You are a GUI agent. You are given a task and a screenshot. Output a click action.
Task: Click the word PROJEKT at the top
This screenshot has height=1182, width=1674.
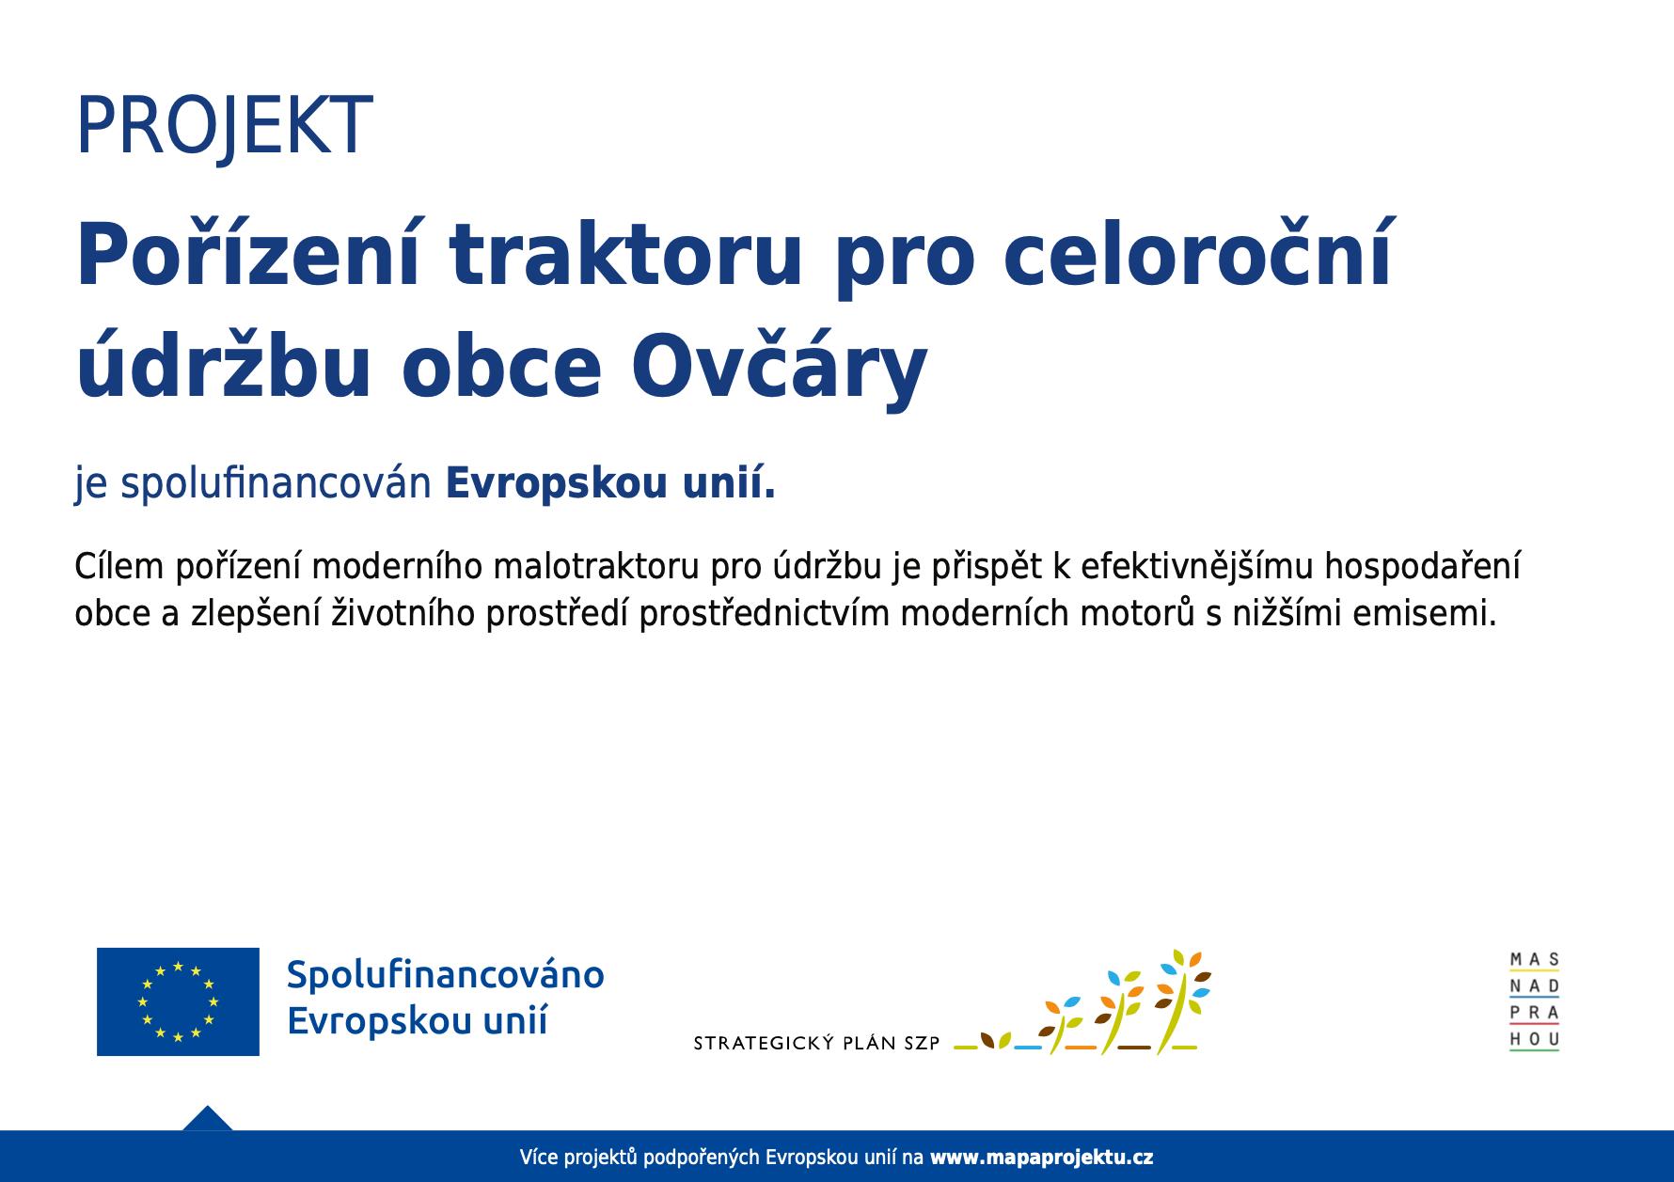point(224,126)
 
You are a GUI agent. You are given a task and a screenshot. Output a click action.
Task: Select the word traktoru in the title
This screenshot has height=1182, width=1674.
point(626,255)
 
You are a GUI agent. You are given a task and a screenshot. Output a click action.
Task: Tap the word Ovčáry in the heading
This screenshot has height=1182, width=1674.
point(780,365)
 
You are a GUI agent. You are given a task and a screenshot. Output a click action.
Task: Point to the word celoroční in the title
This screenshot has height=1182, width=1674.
point(1199,252)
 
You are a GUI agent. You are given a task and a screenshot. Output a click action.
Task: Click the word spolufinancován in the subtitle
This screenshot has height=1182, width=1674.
point(276,483)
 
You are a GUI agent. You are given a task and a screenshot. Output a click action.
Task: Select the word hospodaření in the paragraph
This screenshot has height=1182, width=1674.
point(1422,567)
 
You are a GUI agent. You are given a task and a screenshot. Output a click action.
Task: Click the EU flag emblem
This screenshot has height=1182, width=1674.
point(178,1001)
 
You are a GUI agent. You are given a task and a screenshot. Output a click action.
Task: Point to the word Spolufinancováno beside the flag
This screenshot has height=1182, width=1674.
point(445,976)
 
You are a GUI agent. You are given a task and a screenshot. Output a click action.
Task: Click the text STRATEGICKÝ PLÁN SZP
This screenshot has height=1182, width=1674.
point(816,1043)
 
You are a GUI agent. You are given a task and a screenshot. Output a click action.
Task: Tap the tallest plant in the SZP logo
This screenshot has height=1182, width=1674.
point(1180,1001)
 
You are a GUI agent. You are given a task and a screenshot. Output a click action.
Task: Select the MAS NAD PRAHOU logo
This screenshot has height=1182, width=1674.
point(1534,1001)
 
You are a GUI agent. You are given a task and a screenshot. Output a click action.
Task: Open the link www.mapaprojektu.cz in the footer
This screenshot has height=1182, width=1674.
point(1041,1158)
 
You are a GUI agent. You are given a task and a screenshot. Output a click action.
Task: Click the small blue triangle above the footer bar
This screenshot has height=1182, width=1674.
point(207,1118)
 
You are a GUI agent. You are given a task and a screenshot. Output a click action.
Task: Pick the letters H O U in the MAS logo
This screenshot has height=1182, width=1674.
point(1534,1039)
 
